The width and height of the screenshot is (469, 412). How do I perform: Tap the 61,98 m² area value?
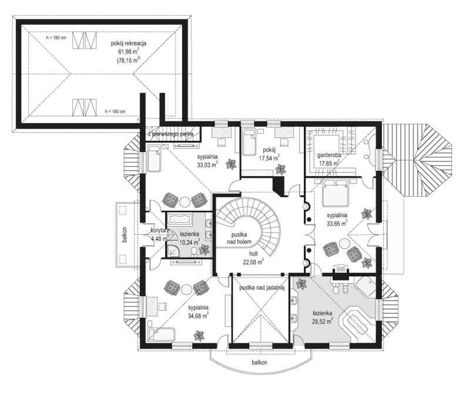point(129,52)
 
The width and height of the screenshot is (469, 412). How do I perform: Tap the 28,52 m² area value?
point(322,322)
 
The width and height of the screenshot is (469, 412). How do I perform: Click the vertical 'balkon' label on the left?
point(125,234)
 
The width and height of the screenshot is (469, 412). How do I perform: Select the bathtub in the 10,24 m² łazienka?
point(185,221)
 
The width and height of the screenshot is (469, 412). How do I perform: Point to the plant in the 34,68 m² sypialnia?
point(199,336)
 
